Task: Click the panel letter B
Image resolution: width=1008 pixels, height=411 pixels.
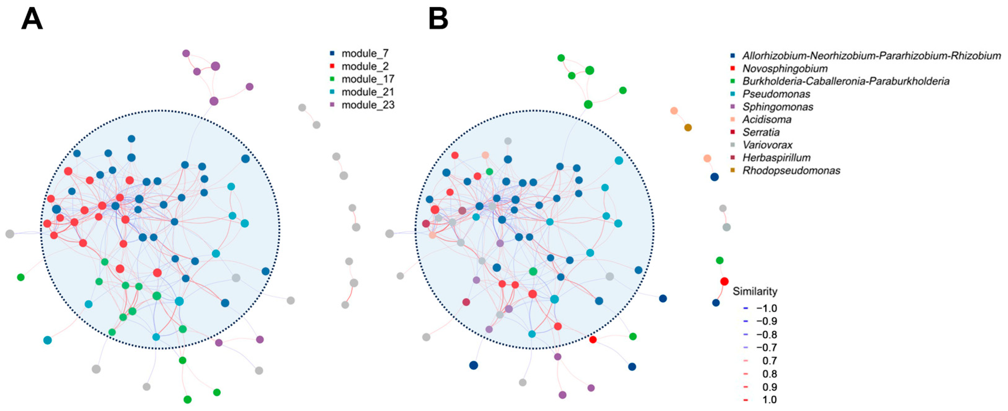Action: coord(438,19)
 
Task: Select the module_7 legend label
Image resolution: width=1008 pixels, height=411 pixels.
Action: coord(365,53)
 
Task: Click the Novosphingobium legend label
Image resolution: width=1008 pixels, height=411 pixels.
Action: coord(785,68)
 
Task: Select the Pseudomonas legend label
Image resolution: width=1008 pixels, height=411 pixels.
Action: coord(776,94)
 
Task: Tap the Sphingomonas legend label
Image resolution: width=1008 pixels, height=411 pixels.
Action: coord(777,107)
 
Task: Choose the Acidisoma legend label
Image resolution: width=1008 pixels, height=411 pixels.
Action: coord(767,119)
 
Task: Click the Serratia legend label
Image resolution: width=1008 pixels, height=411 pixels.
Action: coord(761,132)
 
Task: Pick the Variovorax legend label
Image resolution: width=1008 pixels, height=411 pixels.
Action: coord(767,145)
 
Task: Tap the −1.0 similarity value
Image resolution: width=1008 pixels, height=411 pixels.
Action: coord(766,308)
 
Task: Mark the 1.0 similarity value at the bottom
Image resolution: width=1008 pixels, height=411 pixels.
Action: coord(769,399)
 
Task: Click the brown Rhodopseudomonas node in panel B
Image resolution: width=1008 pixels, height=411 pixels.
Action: coord(687,128)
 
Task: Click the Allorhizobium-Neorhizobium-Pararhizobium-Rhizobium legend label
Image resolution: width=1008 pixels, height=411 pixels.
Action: coord(871,56)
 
